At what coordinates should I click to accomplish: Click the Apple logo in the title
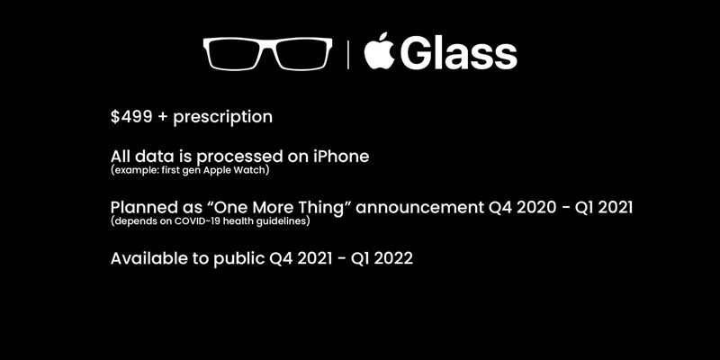click(379, 51)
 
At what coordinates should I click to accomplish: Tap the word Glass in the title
click(460, 53)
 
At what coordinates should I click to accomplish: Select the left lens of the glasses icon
click(237, 54)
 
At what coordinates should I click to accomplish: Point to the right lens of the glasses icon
click(301, 54)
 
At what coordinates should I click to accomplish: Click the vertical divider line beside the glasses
click(347, 54)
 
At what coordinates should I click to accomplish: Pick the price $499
click(131, 117)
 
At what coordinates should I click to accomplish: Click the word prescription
click(222, 118)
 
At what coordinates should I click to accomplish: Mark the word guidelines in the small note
click(286, 221)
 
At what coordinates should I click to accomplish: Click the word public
click(239, 259)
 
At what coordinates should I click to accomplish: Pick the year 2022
click(393, 258)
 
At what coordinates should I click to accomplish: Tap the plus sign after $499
click(163, 117)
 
